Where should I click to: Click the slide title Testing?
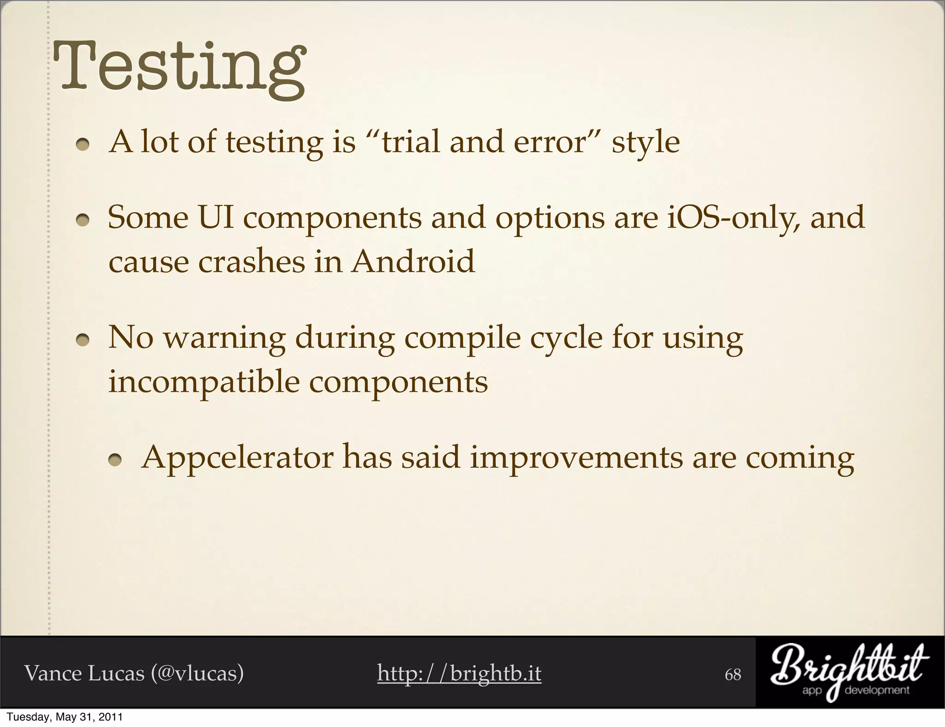pyautogui.click(x=179, y=68)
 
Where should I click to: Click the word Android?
pyautogui.click(x=413, y=262)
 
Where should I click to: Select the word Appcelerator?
pyautogui.click(x=237, y=458)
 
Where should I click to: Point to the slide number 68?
pyautogui.click(x=733, y=675)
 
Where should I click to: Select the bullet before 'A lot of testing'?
pyautogui.click(x=83, y=145)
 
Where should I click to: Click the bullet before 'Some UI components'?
pyautogui.click(x=83, y=221)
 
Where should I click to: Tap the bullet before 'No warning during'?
pyautogui.click(x=83, y=341)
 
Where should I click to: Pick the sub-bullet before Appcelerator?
pyautogui.click(x=115, y=462)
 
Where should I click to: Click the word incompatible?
pyautogui.click(x=203, y=382)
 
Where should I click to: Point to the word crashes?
pyautogui.click(x=251, y=262)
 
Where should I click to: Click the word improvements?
pyautogui.click(x=576, y=458)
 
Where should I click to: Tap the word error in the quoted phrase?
pyautogui.click(x=550, y=142)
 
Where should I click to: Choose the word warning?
pyautogui.click(x=225, y=339)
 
